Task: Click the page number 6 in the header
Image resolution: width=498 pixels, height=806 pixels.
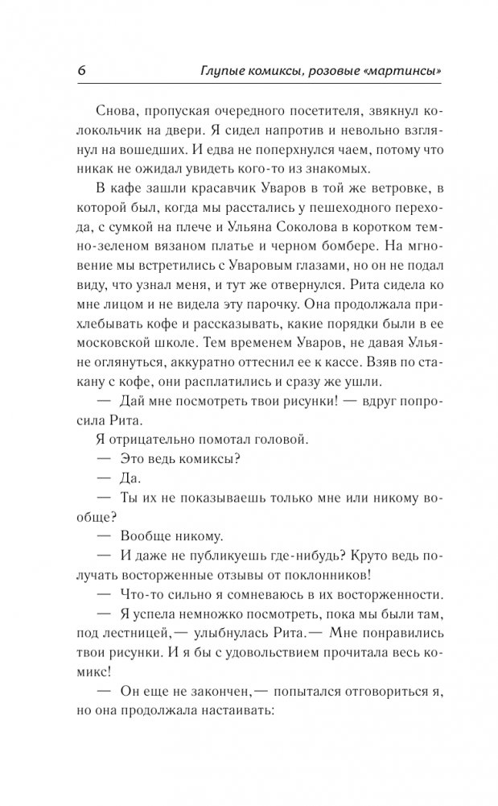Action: click(x=81, y=71)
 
